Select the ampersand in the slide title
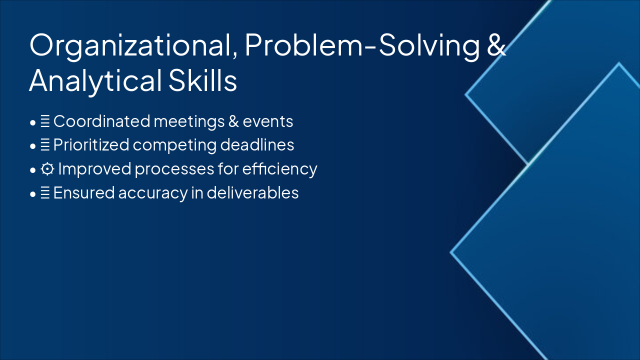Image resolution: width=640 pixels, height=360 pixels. click(495, 46)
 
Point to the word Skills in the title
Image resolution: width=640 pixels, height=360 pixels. click(202, 81)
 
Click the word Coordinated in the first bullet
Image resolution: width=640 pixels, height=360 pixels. click(101, 121)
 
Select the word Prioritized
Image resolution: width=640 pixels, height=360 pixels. click(91, 145)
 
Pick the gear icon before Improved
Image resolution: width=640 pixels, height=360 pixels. click(47, 169)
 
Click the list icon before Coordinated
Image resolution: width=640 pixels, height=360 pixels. click(45, 121)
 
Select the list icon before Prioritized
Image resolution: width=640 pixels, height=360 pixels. click(45, 145)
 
